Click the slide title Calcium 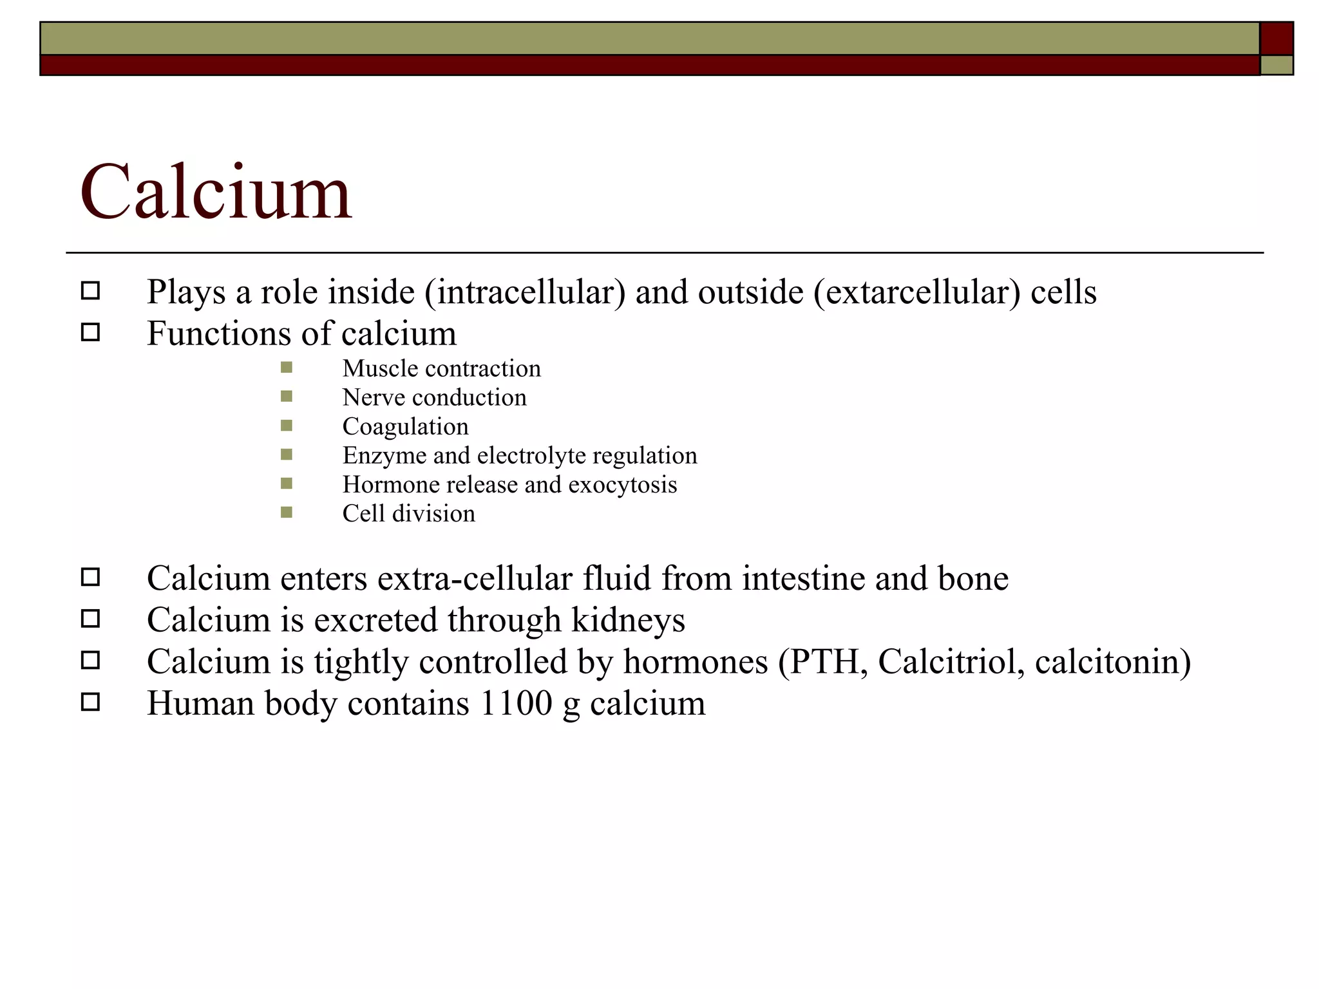tap(216, 192)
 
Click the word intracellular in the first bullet tap(525, 292)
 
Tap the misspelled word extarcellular tap(917, 292)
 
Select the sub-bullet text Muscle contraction tap(441, 369)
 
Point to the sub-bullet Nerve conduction tap(434, 398)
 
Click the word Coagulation tap(405, 427)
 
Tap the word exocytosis tap(622, 485)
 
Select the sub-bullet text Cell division tap(408, 514)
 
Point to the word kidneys tap(628, 620)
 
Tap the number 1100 tap(516, 703)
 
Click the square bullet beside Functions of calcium tap(91, 332)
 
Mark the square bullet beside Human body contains tap(91, 702)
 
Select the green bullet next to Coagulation tap(287, 426)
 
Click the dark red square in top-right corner tap(1276, 39)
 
